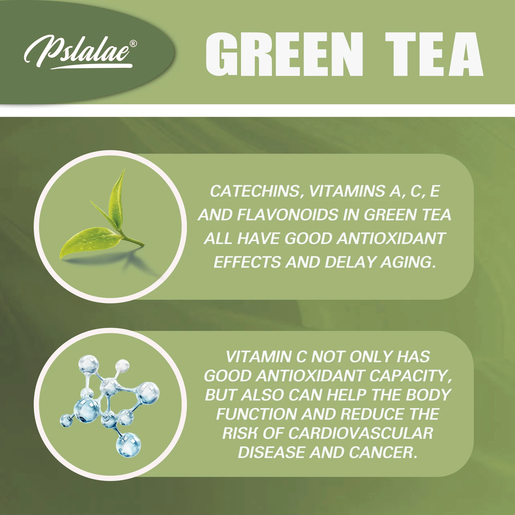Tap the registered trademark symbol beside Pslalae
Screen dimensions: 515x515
(133, 43)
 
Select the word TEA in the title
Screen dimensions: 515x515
(434, 54)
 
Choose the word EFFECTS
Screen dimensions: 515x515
(247, 262)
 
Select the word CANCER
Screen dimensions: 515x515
(383, 453)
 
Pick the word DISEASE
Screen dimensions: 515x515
(272, 453)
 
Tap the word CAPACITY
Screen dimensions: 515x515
(410, 376)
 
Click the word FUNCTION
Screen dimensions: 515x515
(256, 414)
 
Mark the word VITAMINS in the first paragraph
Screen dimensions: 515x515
(347, 191)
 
